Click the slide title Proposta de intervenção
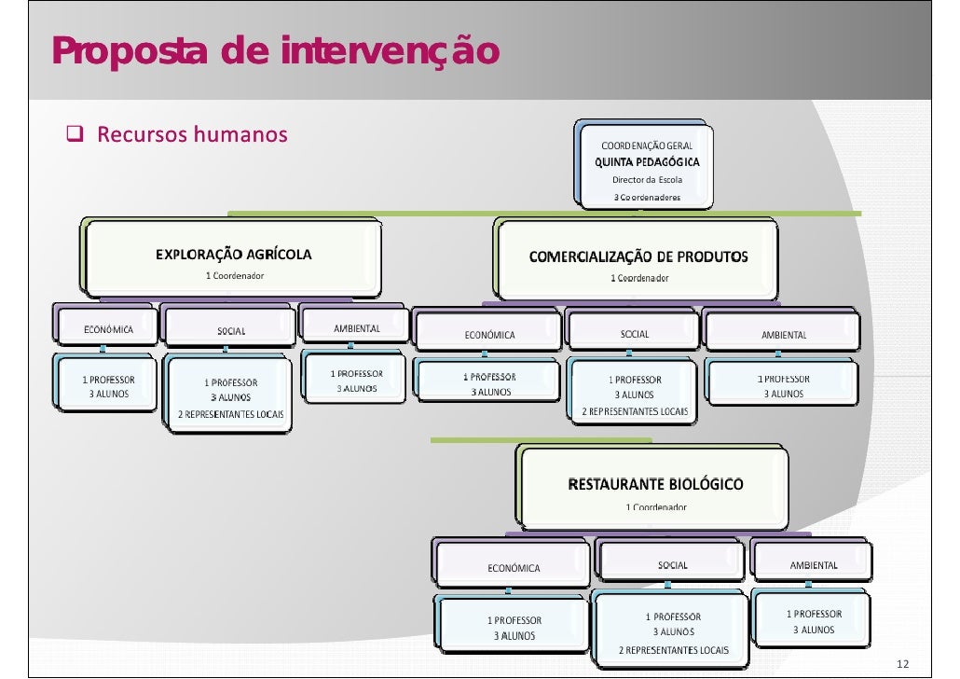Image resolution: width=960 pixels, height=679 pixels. (x=275, y=51)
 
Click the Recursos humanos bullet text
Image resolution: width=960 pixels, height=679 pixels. (x=192, y=135)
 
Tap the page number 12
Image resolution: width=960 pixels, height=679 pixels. (x=901, y=663)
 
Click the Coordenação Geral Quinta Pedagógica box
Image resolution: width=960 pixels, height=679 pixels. (x=646, y=166)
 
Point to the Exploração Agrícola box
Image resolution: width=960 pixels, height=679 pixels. (x=234, y=261)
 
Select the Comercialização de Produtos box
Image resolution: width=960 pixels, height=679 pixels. (x=638, y=264)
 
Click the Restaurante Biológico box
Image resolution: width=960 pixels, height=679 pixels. (x=655, y=492)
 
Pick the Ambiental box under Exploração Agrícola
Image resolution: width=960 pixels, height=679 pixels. (x=356, y=328)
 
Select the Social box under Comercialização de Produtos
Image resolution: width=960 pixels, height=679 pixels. (x=635, y=334)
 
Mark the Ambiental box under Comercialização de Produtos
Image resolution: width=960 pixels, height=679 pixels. (x=784, y=334)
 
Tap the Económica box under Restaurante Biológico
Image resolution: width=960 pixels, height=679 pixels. (x=513, y=567)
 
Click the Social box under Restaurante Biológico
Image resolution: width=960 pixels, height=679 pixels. (x=672, y=565)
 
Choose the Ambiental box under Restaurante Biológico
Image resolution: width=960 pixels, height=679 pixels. (x=814, y=564)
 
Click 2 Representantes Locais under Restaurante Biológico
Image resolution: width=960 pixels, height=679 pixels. (x=674, y=650)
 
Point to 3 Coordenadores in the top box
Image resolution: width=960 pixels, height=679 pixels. (x=646, y=197)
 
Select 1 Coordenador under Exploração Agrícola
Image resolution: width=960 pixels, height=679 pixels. (x=234, y=275)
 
